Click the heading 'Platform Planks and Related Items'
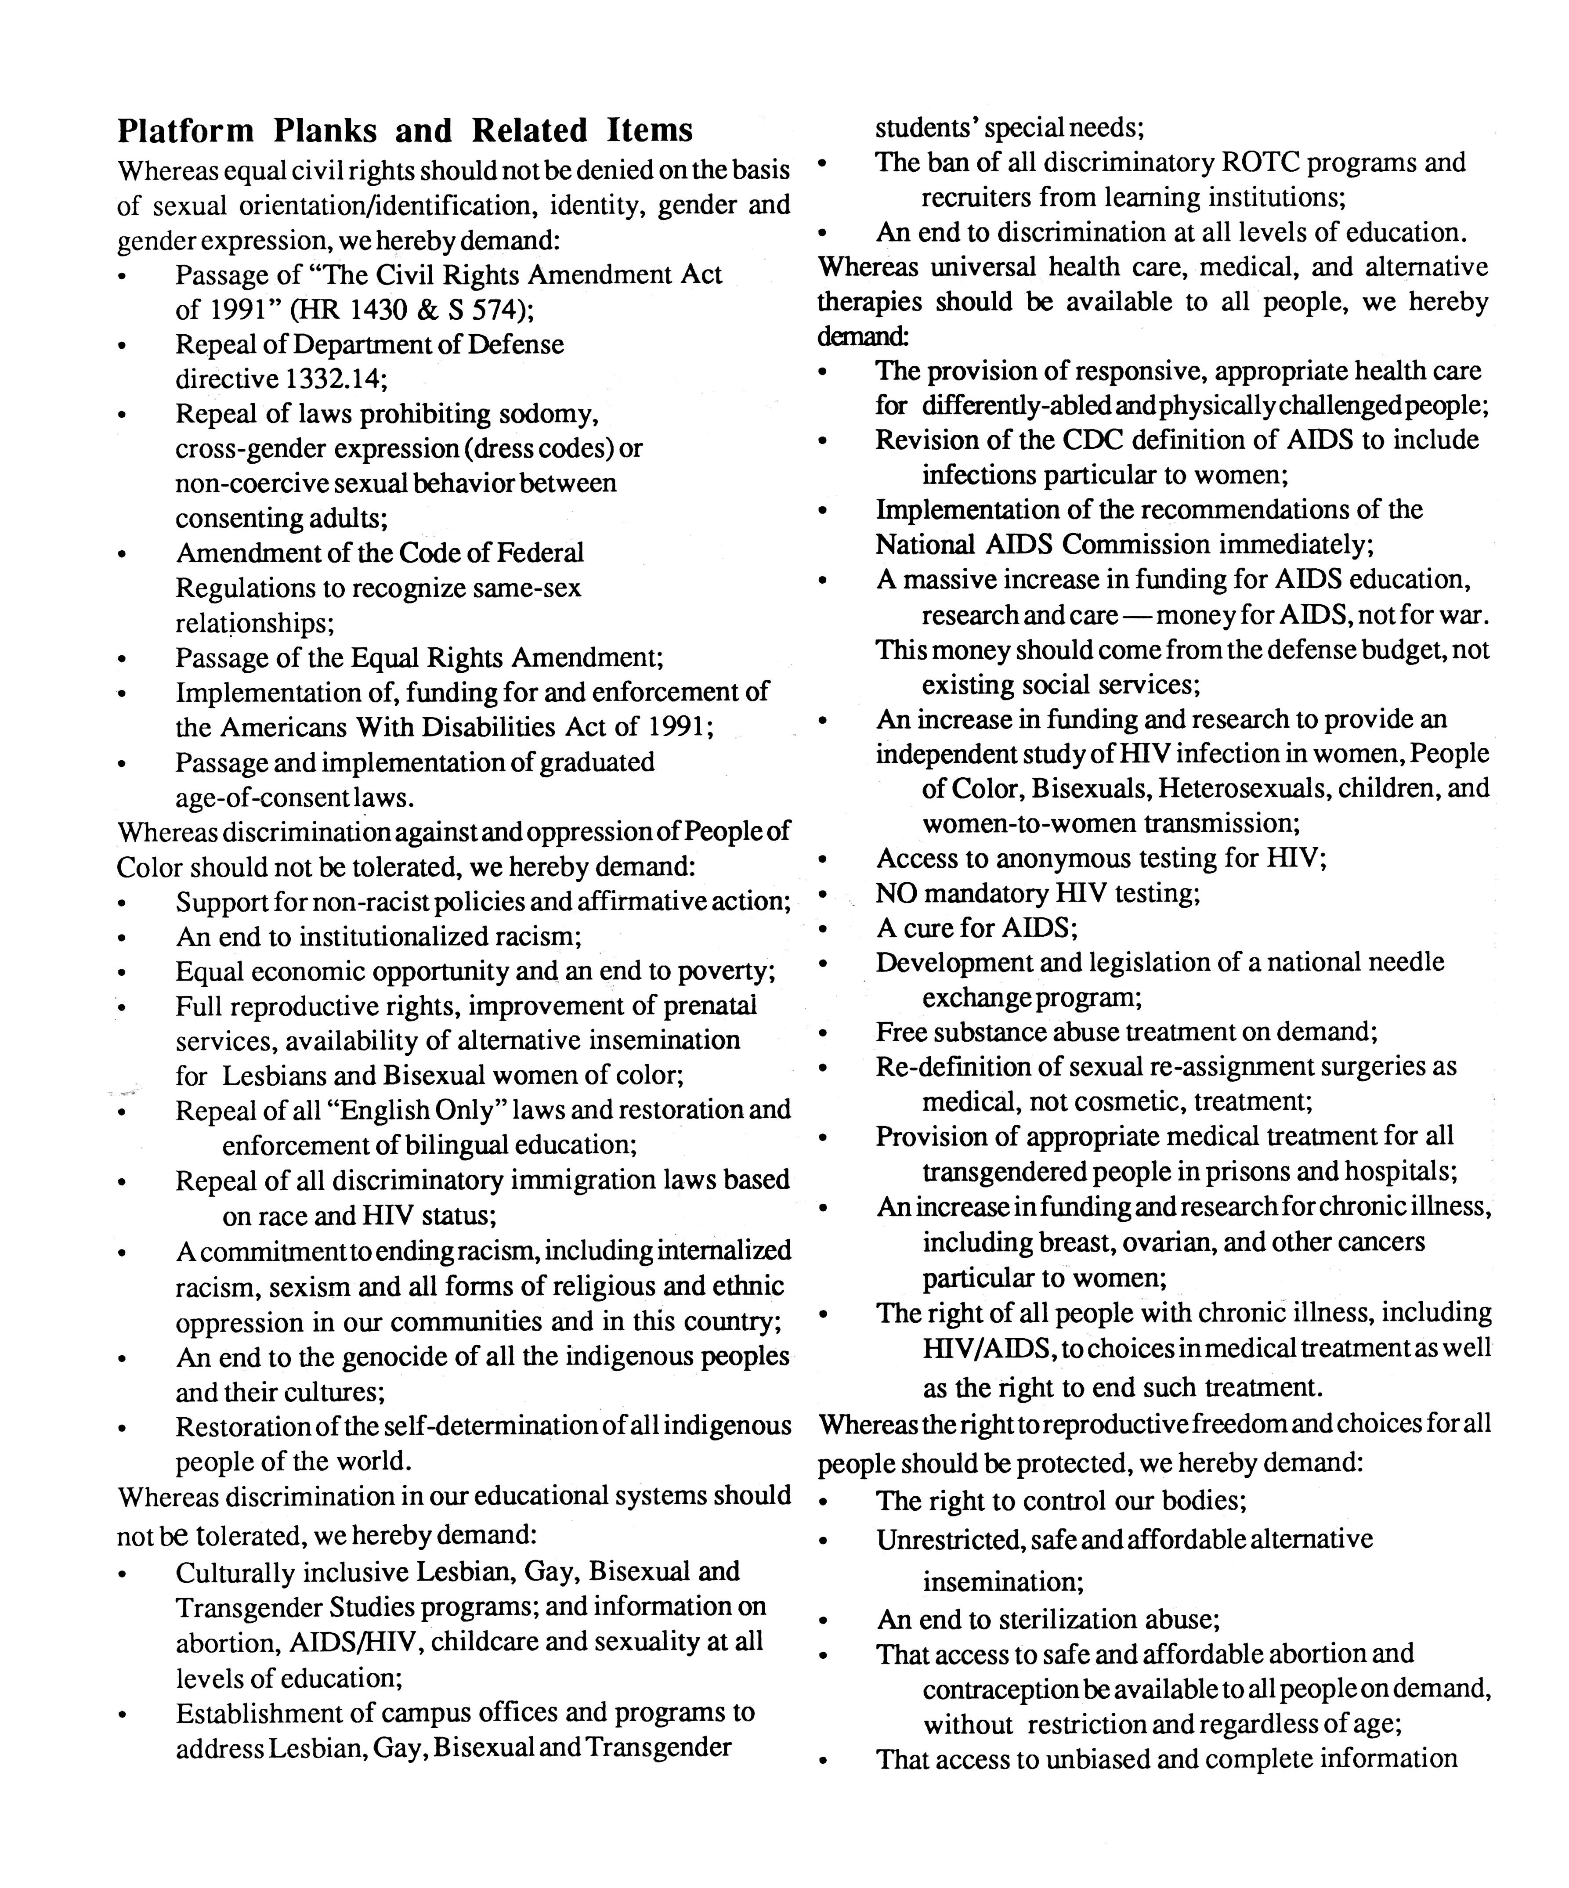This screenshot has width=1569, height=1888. pyautogui.click(x=405, y=131)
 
